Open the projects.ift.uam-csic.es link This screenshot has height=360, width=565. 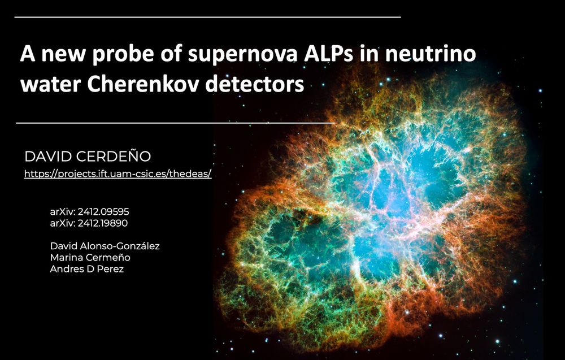coord(118,174)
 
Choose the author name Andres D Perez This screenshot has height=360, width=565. coord(86,269)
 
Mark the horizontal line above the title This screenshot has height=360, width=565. coord(207,18)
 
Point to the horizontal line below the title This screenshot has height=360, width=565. coord(175,122)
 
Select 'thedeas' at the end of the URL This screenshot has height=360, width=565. coord(193,174)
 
